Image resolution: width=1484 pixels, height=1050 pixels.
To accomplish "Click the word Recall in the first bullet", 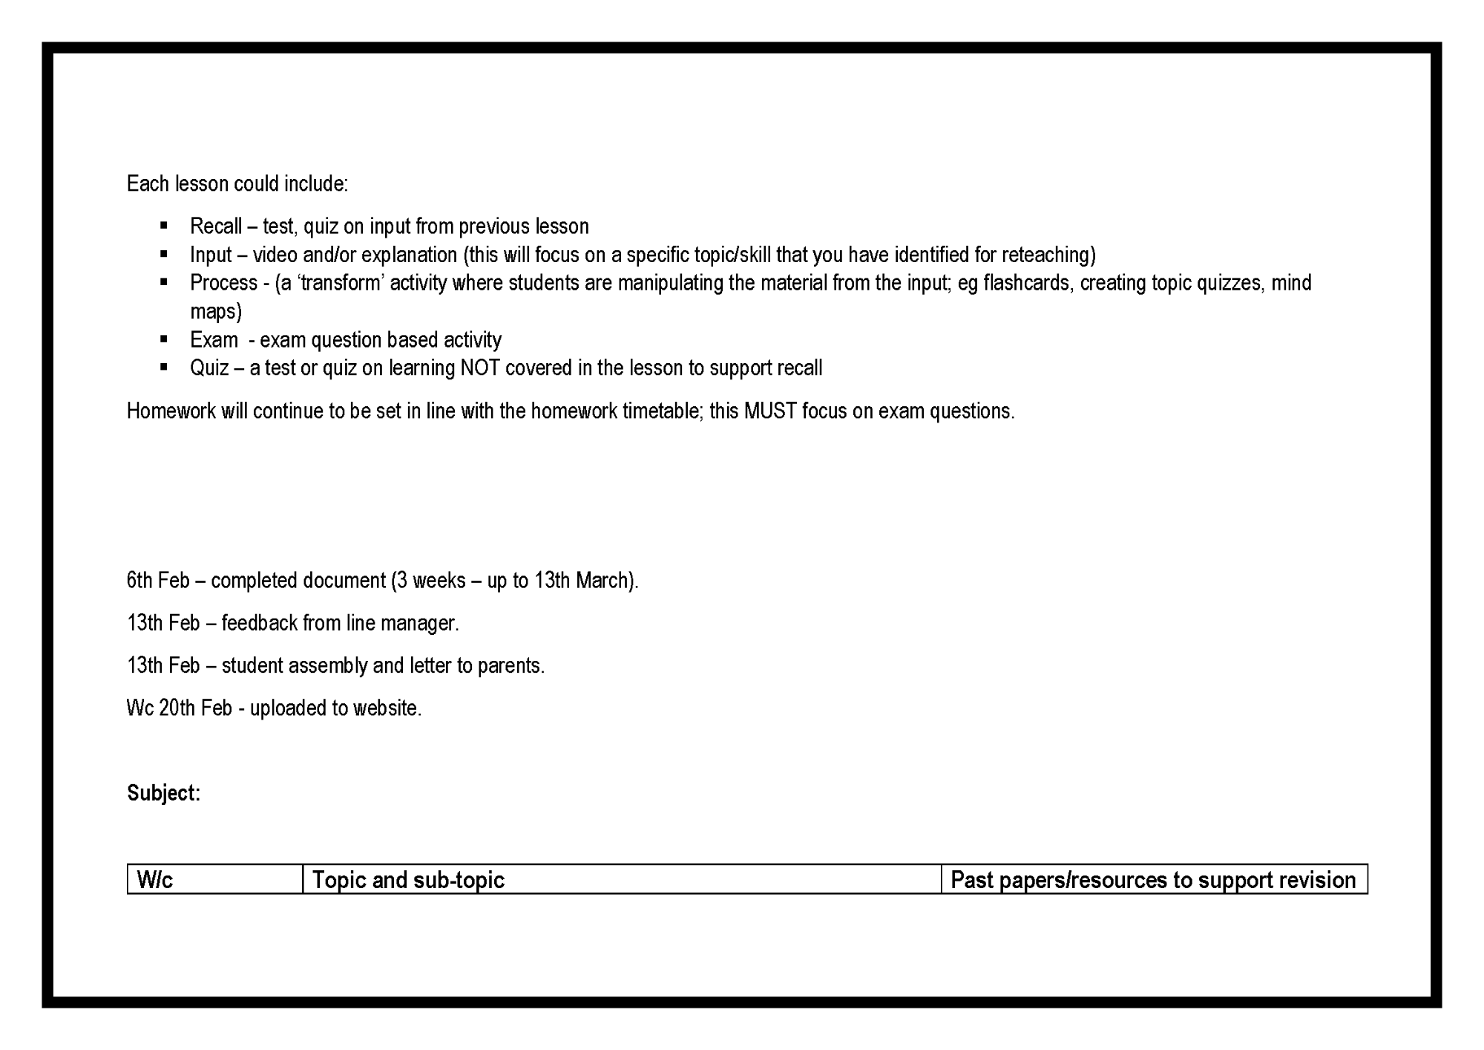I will pyautogui.click(x=216, y=226).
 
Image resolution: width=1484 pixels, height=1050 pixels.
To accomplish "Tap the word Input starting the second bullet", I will pyautogui.click(x=211, y=255).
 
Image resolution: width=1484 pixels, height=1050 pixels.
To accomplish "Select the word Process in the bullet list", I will pyautogui.click(x=223, y=283).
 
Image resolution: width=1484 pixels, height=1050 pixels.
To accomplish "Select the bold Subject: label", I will pyautogui.click(x=163, y=793).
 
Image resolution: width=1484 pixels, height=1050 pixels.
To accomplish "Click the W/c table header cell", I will pyautogui.click(x=214, y=880).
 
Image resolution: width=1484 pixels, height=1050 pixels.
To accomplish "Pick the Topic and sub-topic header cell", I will pyautogui.click(x=622, y=880).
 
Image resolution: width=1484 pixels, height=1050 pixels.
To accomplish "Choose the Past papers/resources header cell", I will pyautogui.click(x=1154, y=880).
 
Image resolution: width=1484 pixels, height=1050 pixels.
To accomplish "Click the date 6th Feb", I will pyautogui.click(x=158, y=581).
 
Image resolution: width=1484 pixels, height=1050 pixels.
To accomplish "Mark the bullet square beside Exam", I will pyautogui.click(x=164, y=339).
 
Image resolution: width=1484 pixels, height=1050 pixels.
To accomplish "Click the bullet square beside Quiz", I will pyautogui.click(x=164, y=367).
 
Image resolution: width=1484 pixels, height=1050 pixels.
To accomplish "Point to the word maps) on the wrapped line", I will pyautogui.click(x=216, y=312).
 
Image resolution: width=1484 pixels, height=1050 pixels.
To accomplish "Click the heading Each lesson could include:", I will pyautogui.click(x=237, y=184).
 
